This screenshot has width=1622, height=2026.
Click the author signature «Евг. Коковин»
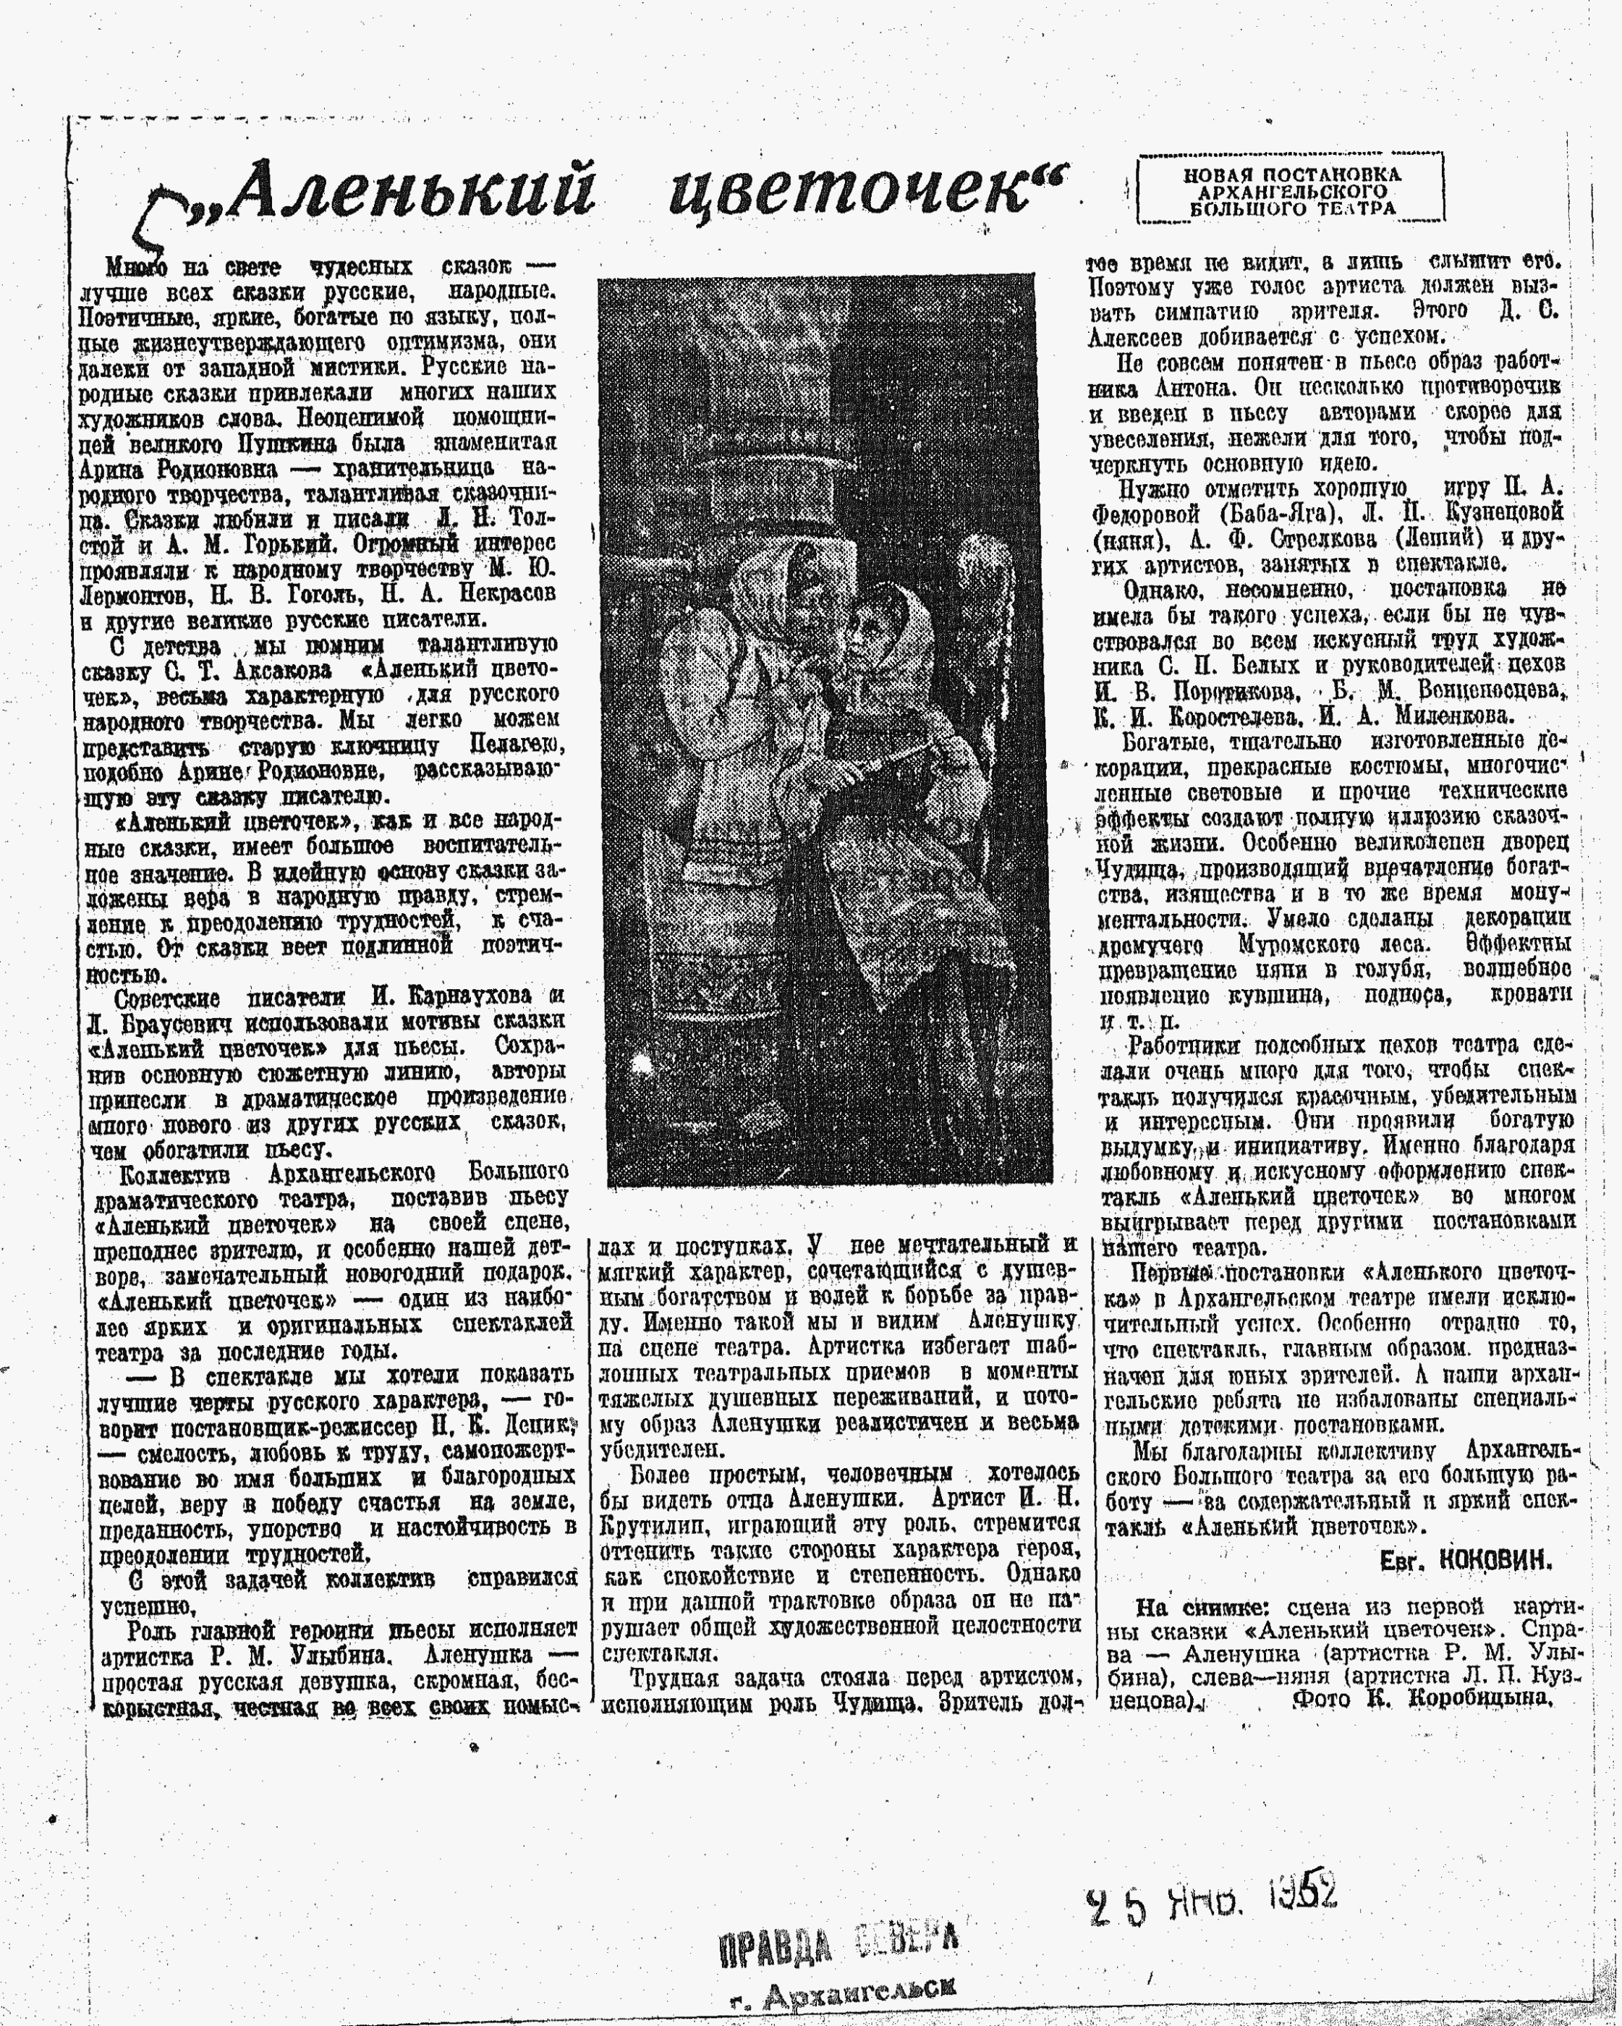click(1465, 1561)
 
